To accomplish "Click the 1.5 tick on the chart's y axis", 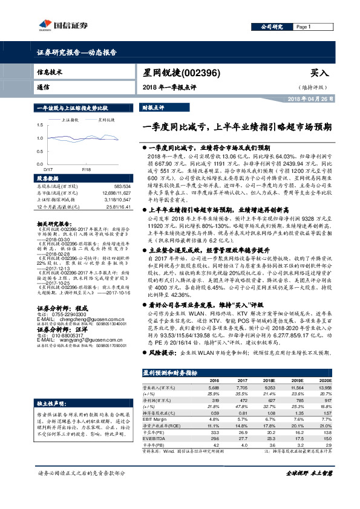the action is (39, 125).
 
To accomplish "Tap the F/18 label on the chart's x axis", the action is (86, 170).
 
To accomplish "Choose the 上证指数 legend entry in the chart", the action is (72, 120).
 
